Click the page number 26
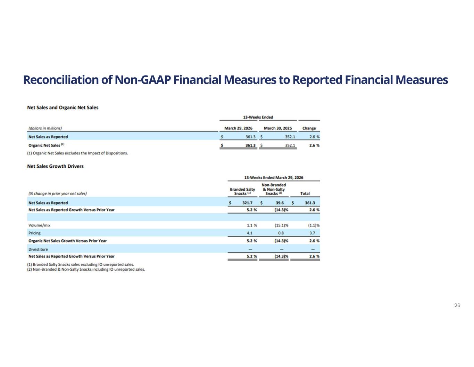point(457,305)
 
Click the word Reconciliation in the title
point(61,80)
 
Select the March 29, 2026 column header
point(238,128)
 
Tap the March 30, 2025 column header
point(278,128)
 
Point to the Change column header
point(309,128)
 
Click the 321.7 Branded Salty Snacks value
point(247,203)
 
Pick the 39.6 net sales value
point(280,203)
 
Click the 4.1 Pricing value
point(250,233)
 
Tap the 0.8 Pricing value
point(281,233)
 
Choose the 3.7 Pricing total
point(312,233)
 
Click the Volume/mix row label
point(39,225)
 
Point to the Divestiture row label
point(38,249)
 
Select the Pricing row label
point(34,233)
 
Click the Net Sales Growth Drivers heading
point(56,166)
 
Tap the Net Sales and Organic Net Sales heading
point(63,107)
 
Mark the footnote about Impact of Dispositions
point(77,153)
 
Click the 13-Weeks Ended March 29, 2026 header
point(274,178)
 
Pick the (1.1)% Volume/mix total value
point(313,225)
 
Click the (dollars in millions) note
point(45,128)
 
